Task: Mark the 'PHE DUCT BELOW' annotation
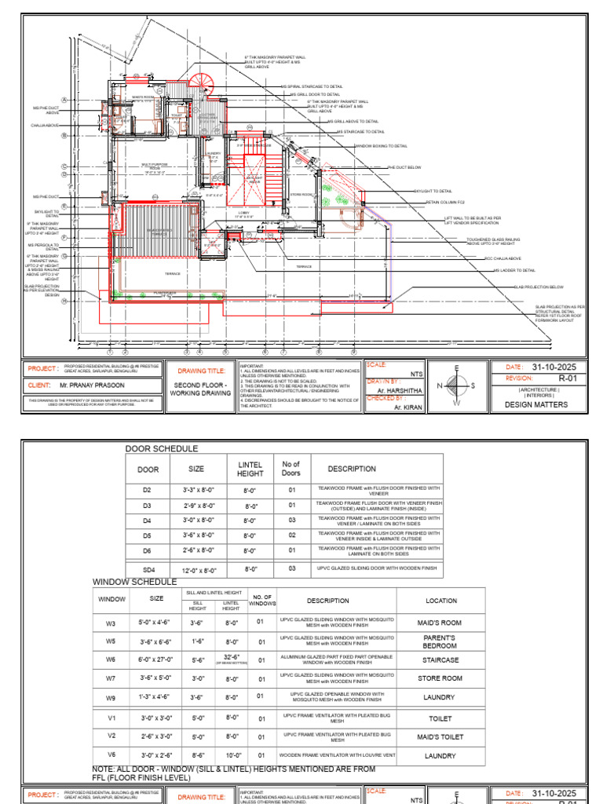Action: (x=404, y=167)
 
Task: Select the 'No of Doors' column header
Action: (x=291, y=469)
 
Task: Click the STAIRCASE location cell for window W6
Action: (x=441, y=660)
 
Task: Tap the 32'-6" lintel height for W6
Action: (x=231, y=656)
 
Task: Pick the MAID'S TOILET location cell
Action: (x=441, y=737)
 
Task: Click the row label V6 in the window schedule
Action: (x=111, y=755)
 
